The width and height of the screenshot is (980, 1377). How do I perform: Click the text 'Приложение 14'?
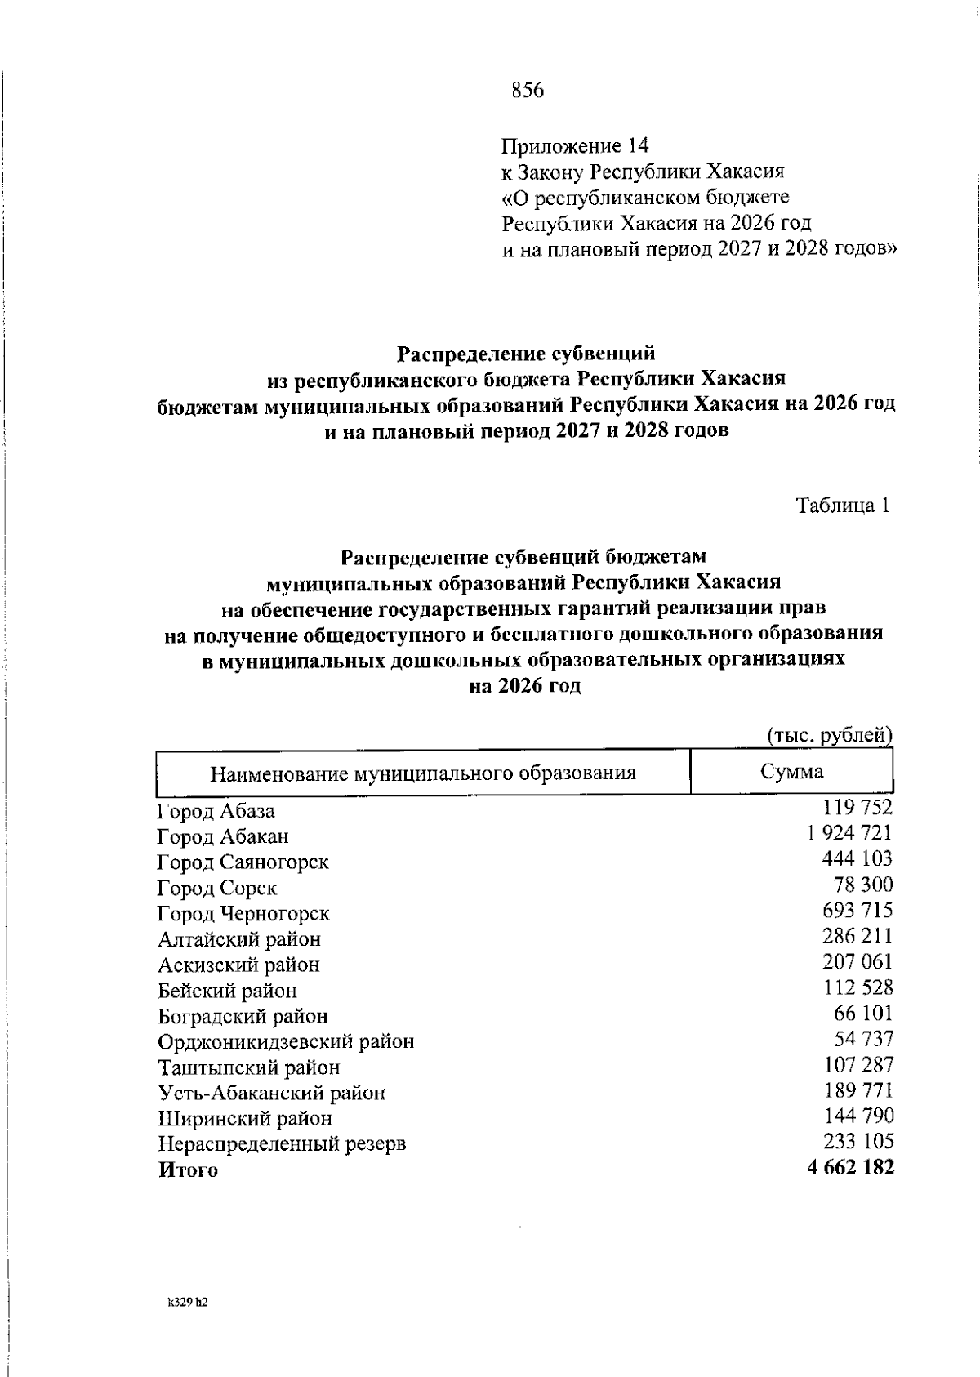(x=574, y=146)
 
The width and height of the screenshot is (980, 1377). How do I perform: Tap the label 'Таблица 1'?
(x=842, y=506)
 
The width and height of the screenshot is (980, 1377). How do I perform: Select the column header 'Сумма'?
(x=791, y=772)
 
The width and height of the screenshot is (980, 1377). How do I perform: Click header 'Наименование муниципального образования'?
(x=422, y=773)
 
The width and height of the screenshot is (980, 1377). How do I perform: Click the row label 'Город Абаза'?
(x=216, y=811)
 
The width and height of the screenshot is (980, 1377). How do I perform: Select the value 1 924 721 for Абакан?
(x=849, y=833)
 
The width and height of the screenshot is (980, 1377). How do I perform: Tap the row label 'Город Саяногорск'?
(x=243, y=862)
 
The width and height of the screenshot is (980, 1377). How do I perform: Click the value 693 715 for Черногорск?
(x=857, y=910)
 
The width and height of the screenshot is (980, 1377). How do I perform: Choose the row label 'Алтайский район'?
(x=238, y=939)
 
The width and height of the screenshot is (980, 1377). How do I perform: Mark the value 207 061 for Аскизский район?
(x=857, y=961)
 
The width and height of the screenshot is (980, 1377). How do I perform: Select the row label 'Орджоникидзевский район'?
(x=286, y=1042)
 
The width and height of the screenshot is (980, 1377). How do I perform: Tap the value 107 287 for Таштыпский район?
(x=857, y=1064)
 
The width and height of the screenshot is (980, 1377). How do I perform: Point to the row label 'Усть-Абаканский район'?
(x=271, y=1094)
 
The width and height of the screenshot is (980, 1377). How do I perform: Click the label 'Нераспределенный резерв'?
(x=282, y=1144)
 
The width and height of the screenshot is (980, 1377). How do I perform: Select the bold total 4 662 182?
(x=850, y=1167)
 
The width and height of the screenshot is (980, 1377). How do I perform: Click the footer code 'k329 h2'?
(x=188, y=1303)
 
